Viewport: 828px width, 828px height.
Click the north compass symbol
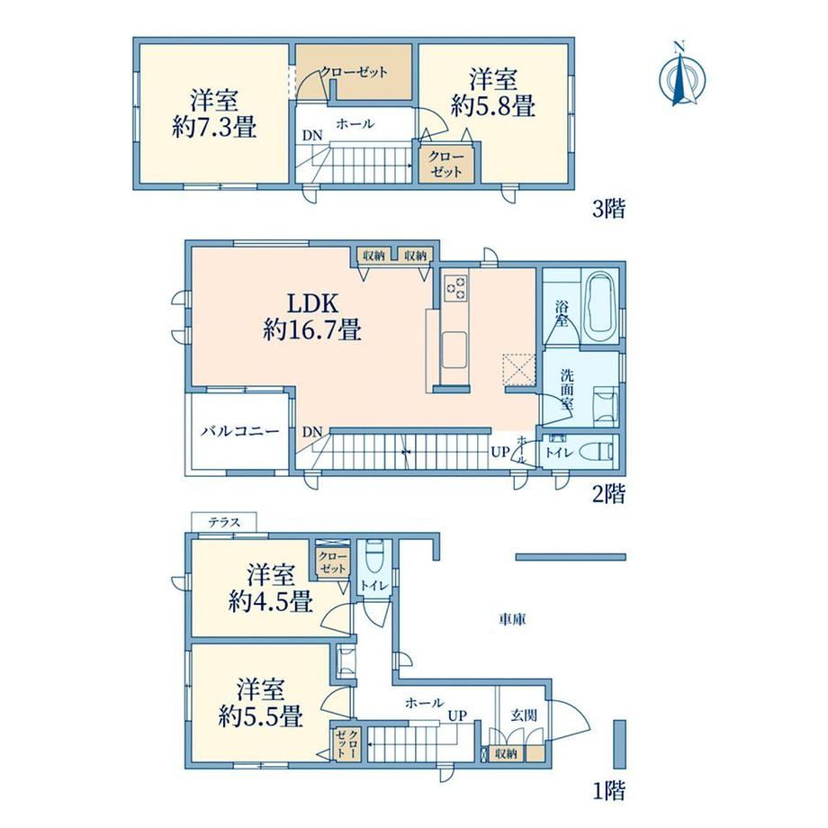pyautogui.click(x=682, y=75)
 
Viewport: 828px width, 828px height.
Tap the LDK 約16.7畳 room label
pyautogui.click(x=312, y=317)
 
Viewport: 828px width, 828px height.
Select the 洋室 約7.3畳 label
pyautogui.click(x=214, y=114)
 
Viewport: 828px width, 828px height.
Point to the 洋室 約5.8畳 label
pyautogui.click(x=493, y=93)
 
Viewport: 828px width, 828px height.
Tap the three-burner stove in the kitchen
pyautogui.click(x=455, y=288)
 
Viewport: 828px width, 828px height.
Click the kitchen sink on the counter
pyautogui.click(x=454, y=349)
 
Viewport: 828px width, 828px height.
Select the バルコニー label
pyautogui.click(x=239, y=431)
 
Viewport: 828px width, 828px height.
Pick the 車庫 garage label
pyautogui.click(x=512, y=619)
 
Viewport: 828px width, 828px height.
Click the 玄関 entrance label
pyautogui.click(x=524, y=715)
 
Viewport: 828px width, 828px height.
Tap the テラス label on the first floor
pyautogui.click(x=224, y=522)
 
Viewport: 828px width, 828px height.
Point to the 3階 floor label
pyautogui.click(x=609, y=209)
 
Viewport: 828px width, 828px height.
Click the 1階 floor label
pyautogui.click(x=609, y=790)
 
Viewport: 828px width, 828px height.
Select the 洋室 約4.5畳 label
pyautogui.click(x=271, y=589)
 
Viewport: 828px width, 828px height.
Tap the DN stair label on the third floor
pyautogui.click(x=312, y=136)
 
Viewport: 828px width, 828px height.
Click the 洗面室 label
pyautogui.click(x=567, y=391)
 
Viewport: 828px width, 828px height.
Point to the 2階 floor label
pyautogui.click(x=609, y=494)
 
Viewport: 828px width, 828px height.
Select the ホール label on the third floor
pyautogui.click(x=355, y=124)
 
